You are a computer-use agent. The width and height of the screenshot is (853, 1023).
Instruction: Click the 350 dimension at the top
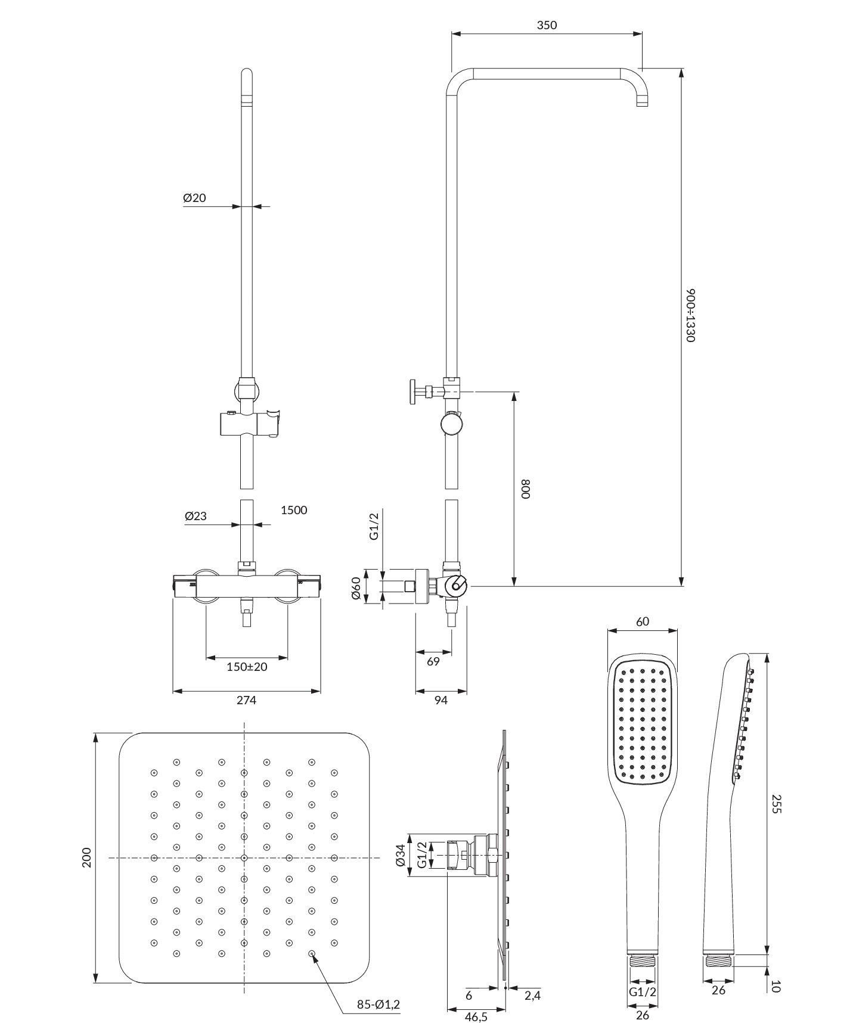[547, 25]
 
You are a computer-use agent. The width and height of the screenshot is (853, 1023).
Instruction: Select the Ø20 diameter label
[194, 198]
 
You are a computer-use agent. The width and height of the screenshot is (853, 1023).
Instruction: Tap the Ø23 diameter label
[196, 516]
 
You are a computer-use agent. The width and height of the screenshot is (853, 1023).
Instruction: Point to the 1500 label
[294, 510]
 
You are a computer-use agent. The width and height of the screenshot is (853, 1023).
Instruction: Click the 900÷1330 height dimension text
[690, 315]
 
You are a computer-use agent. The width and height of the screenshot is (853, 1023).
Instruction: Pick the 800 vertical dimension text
[525, 489]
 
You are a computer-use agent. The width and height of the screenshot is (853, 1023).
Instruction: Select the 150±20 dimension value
[247, 667]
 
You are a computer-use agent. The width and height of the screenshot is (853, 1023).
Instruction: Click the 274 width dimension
[246, 700]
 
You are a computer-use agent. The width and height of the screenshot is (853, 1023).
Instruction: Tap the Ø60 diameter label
[356, 588]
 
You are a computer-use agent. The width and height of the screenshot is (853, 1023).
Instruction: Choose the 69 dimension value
[433, 661]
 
